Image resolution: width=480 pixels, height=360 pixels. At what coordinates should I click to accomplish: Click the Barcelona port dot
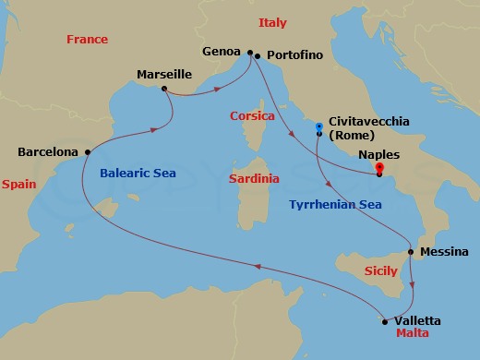(x=87, y=151)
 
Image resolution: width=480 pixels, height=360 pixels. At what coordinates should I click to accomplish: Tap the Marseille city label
(x=162, y=73)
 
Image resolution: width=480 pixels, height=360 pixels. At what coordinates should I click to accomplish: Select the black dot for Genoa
(x=250, y=53)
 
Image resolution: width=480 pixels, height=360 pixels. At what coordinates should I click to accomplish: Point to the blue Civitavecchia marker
(x=319, y=126)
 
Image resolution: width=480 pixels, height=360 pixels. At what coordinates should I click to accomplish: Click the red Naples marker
(x=379, y=169)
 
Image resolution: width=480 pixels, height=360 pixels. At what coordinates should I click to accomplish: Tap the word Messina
(x=443, y=251)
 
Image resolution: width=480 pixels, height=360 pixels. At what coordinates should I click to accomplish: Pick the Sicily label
(x=381, y=271)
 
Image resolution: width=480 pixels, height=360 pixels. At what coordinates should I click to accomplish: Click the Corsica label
(x=253, y=116)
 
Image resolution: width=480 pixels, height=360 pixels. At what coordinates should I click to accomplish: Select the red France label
(x=88, y=40)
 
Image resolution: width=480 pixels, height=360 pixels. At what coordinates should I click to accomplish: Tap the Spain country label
(x=18, y=185)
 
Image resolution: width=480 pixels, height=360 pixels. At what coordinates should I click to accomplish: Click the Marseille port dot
(x=163, y=89)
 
